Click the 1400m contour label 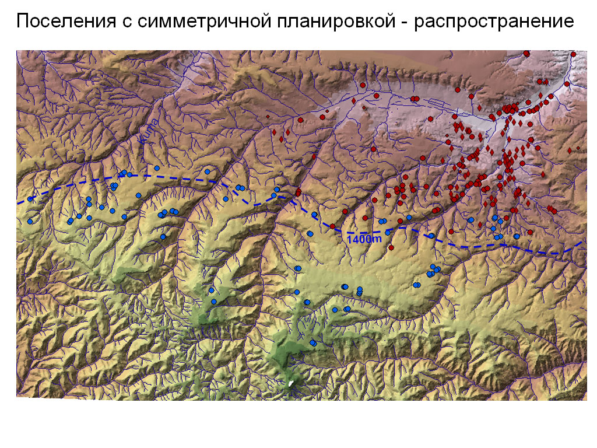click(364, 239)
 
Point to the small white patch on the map click(290, 383)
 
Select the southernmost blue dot click(312, 342)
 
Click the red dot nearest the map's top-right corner click(574, 54)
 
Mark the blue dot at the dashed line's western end click(30, 199)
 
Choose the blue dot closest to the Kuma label click(157, 168)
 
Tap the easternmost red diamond click(578, 149)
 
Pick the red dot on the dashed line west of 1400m click(332, 226)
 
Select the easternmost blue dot click(517, 236)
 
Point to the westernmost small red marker click(268, 117)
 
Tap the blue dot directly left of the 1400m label click(310, 233)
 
